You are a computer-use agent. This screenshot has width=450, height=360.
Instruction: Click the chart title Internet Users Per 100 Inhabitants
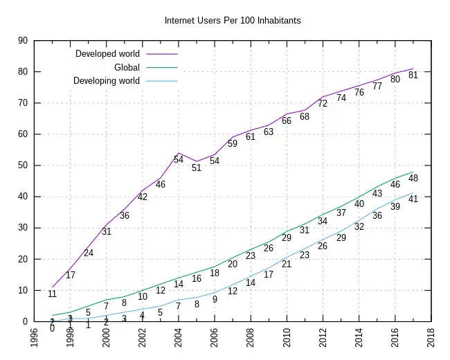point(233,20)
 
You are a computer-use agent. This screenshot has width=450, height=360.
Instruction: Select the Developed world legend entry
point(107,54)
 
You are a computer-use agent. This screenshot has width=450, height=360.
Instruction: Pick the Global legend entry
point(127,67)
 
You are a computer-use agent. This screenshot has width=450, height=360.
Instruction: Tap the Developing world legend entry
point(107,81)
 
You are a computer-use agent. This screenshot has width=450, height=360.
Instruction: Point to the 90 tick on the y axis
point(22,41)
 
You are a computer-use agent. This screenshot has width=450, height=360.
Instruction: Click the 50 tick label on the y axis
point(22,165)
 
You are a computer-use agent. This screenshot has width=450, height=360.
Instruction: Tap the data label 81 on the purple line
point(413,75)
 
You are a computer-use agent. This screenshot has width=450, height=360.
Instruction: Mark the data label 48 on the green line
point(413,179)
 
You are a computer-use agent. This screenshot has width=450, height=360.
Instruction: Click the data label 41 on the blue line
point(413,199)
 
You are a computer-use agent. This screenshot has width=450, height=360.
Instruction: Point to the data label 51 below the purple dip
point(197,168)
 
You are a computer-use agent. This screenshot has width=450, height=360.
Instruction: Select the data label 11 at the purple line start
point(52,294)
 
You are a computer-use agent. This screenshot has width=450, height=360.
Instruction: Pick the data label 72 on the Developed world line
point(323,103)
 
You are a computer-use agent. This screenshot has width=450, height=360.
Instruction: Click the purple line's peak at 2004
point(179,153)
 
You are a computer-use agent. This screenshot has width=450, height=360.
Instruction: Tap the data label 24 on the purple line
point(89,253)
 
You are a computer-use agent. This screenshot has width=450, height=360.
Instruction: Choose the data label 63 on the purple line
point(269,132)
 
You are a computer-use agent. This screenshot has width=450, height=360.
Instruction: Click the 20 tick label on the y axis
point(22,259)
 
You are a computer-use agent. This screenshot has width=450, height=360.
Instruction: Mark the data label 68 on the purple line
point(305,116)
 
